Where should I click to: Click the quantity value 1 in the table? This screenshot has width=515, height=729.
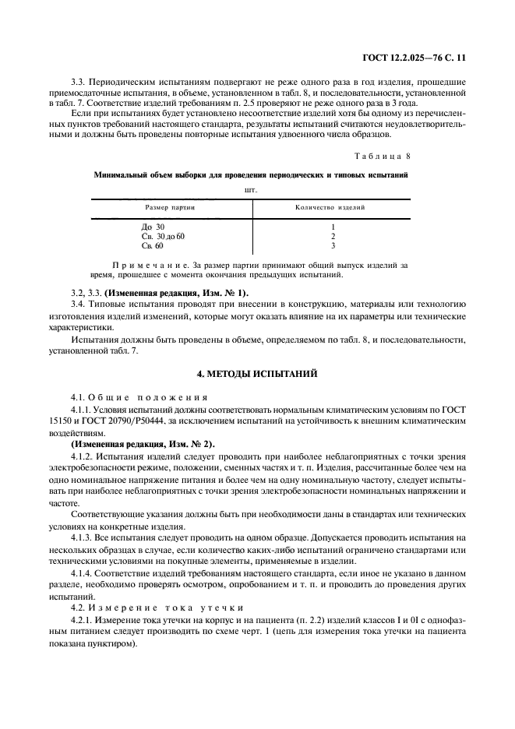point(333,227)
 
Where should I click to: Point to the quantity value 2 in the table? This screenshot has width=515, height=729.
point(333,236)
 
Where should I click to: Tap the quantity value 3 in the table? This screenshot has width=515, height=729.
point(333,246)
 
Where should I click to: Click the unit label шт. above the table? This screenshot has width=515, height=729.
point(250,187)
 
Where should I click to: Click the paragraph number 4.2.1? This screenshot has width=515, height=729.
point(83,619)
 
